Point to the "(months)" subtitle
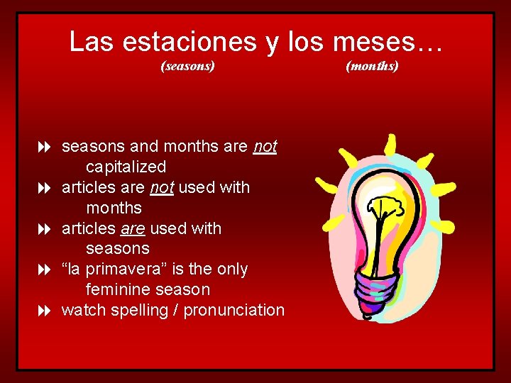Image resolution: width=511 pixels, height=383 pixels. tap(372, 67)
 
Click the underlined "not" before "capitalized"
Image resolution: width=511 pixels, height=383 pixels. tap(265, 147)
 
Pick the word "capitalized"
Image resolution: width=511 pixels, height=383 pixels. tap(126, 167)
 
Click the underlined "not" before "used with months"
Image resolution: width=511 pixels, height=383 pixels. tap(163, 188)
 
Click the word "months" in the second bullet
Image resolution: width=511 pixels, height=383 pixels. tap(114, 209)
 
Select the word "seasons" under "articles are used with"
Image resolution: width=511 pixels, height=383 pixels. tap(117, 249)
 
